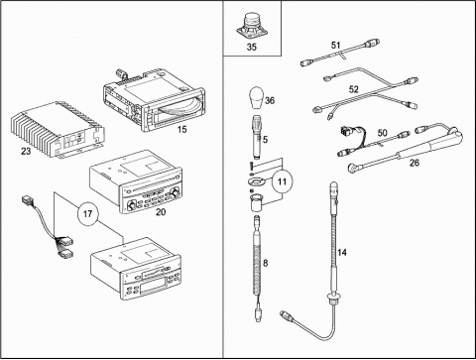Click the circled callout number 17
click(x=87, y=214)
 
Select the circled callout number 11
click(x=282, y=181)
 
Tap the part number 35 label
click(x=252, y=47)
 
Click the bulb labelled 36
click(x=256, y=97)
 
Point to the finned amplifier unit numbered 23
click(x=58, y=130)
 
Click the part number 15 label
click(x=181, y=130)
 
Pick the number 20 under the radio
click(x=161, y=212)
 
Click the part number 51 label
click(x=336, y=45)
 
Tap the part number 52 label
click(x=354, y=89)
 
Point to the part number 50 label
click(x=383, y=133)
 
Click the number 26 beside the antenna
click(x=415, y=163)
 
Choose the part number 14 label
click(x=342, y=253)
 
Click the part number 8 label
click(x=265, y=263)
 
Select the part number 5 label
click(x=265, y=140)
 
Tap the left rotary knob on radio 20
click(x=131, y=205)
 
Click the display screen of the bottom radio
click(x=153, y=285)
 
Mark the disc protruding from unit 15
click(x=176, y=106)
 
